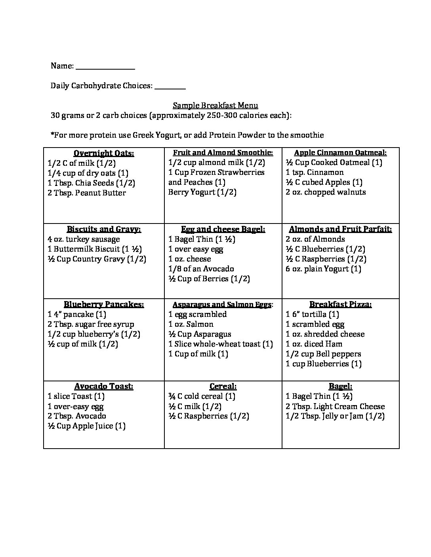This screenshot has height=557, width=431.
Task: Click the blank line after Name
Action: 105,67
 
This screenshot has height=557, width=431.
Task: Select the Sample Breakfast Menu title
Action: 215,105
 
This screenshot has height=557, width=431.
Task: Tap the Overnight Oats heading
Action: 104,153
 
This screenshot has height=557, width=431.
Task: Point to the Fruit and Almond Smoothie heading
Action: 223,153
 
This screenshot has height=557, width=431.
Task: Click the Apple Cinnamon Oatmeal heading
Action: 340,153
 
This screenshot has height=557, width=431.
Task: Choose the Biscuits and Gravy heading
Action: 104,229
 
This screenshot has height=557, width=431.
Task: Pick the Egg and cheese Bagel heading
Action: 223,229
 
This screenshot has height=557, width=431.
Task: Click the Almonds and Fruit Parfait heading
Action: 340,229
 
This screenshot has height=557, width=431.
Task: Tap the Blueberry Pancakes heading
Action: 104,304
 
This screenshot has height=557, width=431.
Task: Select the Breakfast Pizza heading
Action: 340,304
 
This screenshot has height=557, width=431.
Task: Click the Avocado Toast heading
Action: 104,386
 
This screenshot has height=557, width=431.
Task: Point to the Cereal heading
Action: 223,386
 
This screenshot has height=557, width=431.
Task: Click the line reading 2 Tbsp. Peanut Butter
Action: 87,193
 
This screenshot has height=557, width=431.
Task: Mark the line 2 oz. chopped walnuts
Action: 326,192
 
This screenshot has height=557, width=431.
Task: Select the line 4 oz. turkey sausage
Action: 84,239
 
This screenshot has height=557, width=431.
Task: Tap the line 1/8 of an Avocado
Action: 201,269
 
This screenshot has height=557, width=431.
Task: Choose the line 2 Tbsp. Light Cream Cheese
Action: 335,407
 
